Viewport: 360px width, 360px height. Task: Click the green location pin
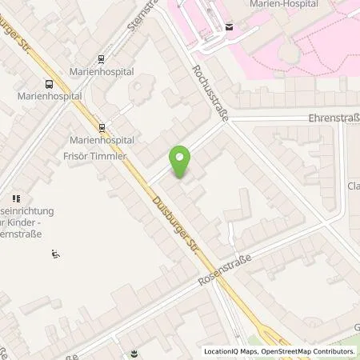(x=181, y=160)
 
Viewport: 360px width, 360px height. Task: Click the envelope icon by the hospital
(x=230, y=27)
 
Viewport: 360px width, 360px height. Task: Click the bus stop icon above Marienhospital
(x=49, y=83)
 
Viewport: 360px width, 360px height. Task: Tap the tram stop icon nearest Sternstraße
(x=101, y=58)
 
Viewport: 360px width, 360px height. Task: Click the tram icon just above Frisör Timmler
(x=102, y=126)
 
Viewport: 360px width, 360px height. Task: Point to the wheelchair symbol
(x=55, y=254)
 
